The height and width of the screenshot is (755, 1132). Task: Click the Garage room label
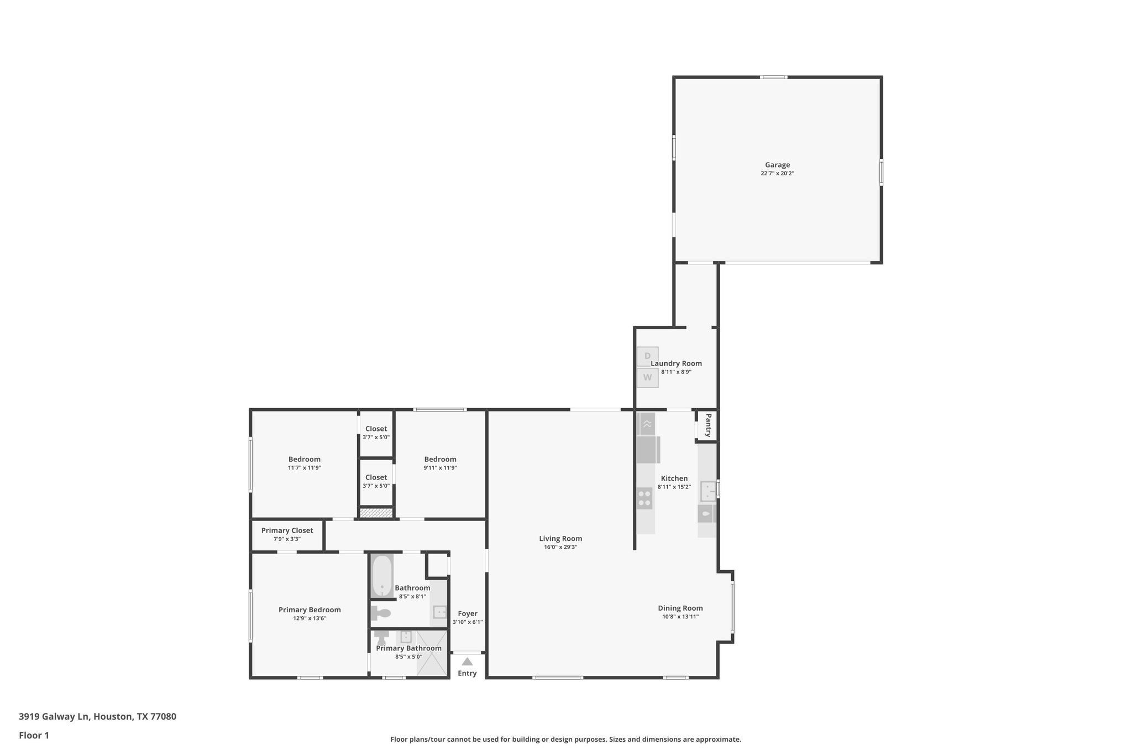777,165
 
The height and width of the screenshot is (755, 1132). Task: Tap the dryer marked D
647,356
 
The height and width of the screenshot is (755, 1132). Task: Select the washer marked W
647,378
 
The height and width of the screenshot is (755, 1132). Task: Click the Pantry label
708,425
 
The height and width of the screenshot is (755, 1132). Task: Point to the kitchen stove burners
644,498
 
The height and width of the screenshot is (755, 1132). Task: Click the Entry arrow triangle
467,662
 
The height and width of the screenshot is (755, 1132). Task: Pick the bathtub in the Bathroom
381,576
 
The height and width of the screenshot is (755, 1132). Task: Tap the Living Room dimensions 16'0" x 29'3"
560,547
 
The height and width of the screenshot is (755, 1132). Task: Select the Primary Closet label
287,530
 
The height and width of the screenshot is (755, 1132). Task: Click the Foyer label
468,613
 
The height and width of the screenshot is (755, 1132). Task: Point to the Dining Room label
680,608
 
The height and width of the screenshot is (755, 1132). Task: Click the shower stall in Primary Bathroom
432,653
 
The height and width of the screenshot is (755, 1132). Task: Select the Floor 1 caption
34,735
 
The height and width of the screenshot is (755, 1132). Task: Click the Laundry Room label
676,363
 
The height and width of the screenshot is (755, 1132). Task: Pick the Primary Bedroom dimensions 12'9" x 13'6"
310,618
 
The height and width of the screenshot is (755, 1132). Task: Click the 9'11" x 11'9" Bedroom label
440,459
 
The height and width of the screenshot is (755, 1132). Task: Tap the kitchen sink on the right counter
708,491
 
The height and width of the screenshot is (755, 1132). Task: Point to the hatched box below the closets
376,513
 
